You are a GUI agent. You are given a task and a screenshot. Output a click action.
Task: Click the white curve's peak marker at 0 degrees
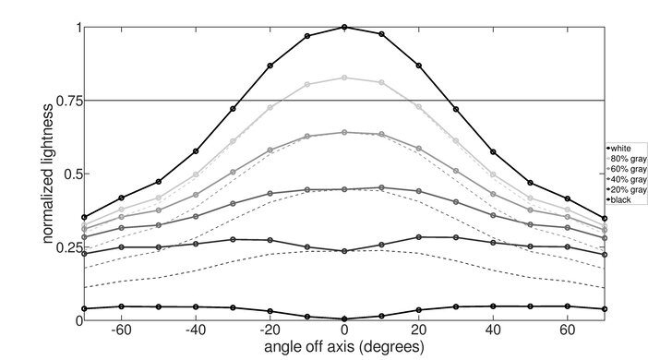344,27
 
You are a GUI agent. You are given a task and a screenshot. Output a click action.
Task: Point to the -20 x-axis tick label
270,330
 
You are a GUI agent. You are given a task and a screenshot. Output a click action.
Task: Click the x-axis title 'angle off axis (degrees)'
343,347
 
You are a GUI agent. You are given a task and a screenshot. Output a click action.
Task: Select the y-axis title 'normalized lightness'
44,174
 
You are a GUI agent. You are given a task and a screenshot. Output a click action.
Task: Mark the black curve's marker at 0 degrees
344,318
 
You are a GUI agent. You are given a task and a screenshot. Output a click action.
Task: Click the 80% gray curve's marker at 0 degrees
344,78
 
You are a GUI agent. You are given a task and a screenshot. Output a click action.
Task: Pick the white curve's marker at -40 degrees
195,151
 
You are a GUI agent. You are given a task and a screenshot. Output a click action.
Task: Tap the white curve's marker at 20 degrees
419,66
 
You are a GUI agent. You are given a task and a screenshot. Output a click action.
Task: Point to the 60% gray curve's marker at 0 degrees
344,132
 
